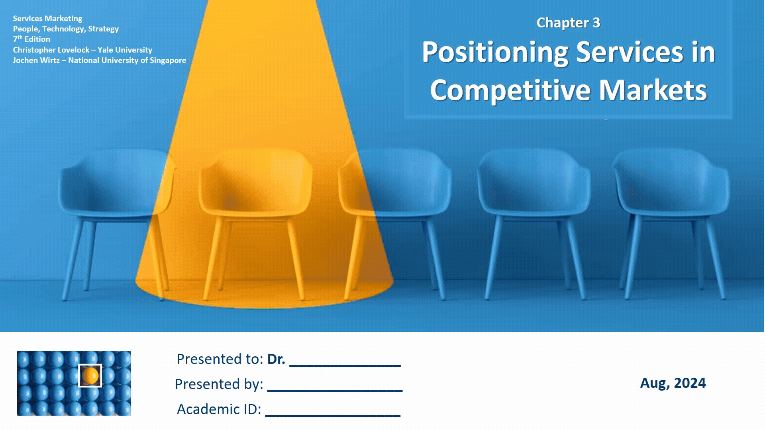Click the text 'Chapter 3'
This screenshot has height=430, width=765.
(568, 23)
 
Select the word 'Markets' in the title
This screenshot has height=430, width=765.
(653, 90)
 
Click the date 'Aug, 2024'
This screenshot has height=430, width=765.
(673, 383)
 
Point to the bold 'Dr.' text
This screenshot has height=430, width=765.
(276, 359)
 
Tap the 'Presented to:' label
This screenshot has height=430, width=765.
(220, 359)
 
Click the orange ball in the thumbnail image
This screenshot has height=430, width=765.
(90, 375)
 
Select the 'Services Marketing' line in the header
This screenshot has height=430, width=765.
(47, 18)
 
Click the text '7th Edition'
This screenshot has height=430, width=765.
(31, 39)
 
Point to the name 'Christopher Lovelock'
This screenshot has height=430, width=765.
(51, 50)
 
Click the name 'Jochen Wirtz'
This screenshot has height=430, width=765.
(36, 60)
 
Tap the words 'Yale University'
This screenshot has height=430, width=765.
(125, 50)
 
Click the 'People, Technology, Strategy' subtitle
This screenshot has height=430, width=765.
(66, 29)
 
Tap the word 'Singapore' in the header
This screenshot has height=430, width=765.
(168, 61)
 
